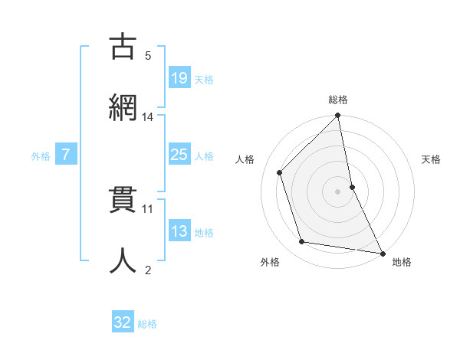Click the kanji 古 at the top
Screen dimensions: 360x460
pos(123,47)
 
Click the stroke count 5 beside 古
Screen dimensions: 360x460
pos(148,55)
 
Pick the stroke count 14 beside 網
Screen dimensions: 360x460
pos(148,116)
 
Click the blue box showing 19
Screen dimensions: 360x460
pos(179,77)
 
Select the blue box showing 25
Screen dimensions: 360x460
pos(179,155)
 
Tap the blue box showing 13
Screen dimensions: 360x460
pos(179,231)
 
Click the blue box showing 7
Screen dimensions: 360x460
pos(66,155)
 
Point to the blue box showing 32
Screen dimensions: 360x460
pos(122,322)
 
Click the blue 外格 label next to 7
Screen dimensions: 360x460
pos(41,155)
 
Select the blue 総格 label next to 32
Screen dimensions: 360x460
pos(147,324)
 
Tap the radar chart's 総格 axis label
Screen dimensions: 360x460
pos(338,100)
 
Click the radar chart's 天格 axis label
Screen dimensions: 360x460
pos(432,159)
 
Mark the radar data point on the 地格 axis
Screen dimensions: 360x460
pos(382,253)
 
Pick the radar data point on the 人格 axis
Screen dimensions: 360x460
pos(280,172)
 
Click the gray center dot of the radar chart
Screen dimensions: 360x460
pos(338,191)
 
